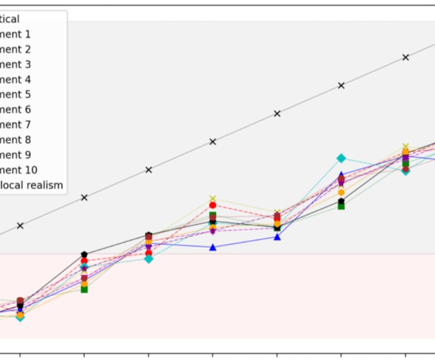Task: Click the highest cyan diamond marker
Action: [x=341, y=158]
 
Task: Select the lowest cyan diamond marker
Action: [x=20, y=317]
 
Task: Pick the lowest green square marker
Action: [x=84, y=289]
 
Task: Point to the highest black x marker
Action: [x=406, y=57]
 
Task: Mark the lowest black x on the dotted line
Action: [x=20, y=226]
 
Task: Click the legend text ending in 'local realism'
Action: [x=31, y=185]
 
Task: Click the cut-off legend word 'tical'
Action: [x=10, y=19]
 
